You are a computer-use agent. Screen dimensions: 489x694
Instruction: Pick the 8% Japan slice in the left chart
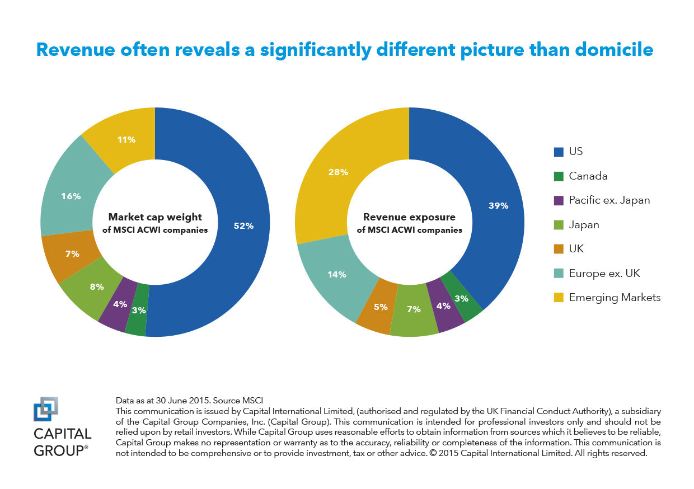click(96, 287)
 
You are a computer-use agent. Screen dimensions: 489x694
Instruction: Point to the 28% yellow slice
click(338, 172)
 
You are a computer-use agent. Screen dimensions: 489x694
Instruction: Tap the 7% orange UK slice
click(72, 253)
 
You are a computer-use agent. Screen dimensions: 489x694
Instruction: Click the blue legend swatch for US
click(558, 152)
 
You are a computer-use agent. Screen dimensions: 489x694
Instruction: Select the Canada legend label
click(588, 176)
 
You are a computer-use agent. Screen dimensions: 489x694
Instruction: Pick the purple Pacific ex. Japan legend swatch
click(558, 200)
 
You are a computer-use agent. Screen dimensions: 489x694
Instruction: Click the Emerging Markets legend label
click(615, 297)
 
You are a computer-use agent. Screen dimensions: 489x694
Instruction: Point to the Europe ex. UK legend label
click(604, 273)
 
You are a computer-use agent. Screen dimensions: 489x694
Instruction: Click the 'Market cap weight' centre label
click(155, 217)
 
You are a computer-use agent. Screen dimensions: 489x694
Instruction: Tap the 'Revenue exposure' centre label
click(409, 217)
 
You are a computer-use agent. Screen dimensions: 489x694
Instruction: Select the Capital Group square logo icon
click(46, 408)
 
